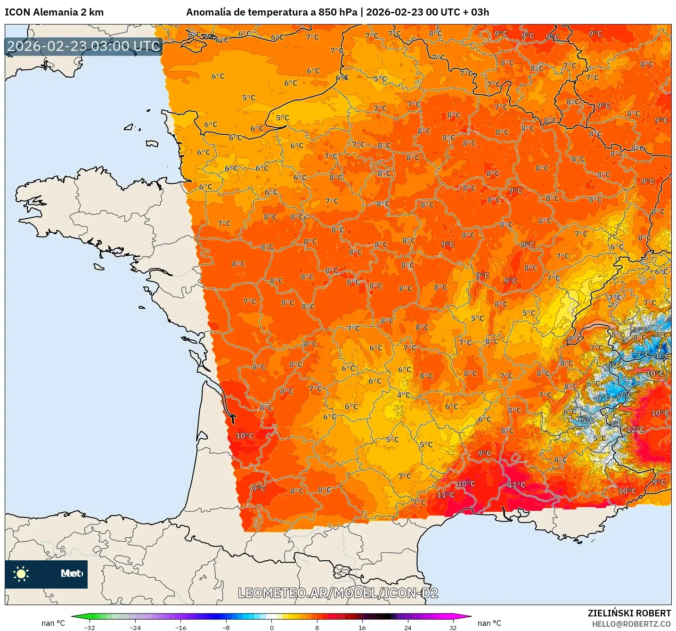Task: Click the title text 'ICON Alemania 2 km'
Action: click(54, 12)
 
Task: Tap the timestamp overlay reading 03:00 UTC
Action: click(84, 46)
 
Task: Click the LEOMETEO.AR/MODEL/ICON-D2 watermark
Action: click(338, 593)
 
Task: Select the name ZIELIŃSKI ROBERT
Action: click(629, 613)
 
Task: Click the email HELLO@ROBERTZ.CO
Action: click(631, 624)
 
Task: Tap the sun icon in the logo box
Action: click(21, 574)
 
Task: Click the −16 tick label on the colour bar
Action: click(180, 627)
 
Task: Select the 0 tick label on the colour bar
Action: click(271, 627)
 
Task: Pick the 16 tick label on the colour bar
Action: click(362, 627)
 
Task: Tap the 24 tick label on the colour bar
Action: click(407, 627)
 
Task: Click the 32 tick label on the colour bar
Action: click(453, 627)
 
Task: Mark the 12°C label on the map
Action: click(635, 429)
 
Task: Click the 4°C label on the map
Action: click(404, 395)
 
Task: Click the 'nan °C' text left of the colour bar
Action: click(53, 623)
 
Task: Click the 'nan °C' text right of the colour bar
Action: click(489, 623)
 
